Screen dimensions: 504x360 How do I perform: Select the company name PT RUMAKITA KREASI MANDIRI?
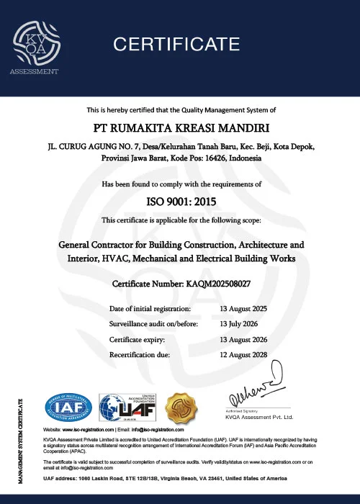point(180,127)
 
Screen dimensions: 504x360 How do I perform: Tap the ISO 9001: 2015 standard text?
point(180,202)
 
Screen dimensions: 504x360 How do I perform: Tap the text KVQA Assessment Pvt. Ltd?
point(260,417)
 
